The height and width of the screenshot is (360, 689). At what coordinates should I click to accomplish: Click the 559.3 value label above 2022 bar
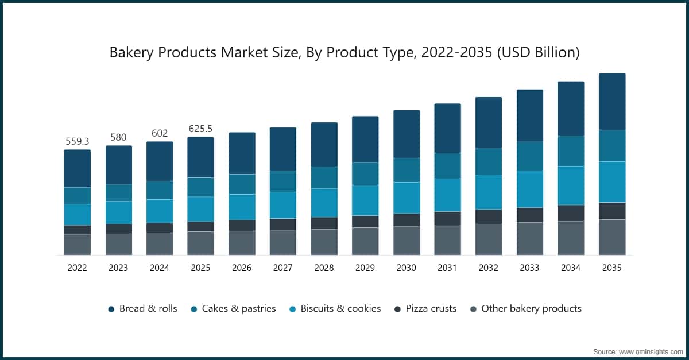77,141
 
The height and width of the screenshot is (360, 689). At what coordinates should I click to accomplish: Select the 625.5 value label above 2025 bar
201,129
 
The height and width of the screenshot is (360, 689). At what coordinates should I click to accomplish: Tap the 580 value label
118,137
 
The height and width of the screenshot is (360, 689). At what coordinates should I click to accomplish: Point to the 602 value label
159,133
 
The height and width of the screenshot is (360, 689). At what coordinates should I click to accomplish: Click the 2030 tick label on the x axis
406,268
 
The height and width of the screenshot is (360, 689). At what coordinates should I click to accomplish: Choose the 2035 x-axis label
611,268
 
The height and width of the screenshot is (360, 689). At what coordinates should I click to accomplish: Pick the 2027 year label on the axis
282,268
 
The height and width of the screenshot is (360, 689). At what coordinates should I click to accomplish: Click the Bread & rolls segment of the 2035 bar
611,102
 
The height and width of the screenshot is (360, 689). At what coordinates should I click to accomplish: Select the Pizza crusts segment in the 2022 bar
77,230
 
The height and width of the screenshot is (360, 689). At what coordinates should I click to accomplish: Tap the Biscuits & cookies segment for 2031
447,195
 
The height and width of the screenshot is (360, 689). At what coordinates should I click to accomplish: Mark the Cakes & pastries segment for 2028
324,177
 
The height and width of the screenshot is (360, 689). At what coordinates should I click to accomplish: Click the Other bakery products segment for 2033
529,238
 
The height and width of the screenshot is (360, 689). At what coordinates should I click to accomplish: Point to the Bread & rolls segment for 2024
159,161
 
